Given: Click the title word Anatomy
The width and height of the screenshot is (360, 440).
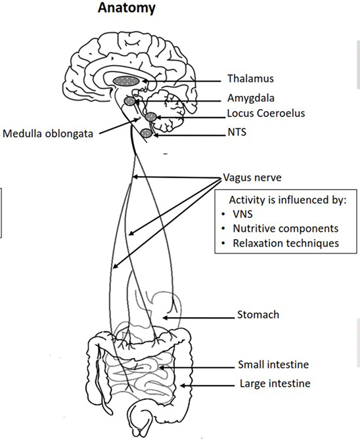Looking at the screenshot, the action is pos(126,9).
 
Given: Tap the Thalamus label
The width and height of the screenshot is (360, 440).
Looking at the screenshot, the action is pos(250,79).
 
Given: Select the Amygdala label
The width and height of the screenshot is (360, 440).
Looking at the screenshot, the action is pos(251,99).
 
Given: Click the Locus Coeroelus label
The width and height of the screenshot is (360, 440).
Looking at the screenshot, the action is pos(266,114).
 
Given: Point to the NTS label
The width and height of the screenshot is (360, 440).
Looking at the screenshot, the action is pos(237,132).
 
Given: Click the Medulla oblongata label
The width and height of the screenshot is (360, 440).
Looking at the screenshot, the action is pos(48,133).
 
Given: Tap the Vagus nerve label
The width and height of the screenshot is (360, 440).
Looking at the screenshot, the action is pos(252,177).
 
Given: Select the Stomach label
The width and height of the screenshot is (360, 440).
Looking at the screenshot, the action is pos(258,315).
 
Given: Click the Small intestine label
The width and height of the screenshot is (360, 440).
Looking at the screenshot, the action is pos(273,364).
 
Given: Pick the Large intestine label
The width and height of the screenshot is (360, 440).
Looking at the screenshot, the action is pos(275,384).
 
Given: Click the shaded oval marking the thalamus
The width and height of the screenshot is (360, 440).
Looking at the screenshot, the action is pos(126,81).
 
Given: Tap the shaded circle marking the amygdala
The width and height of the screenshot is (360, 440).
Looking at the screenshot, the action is pos(130,101).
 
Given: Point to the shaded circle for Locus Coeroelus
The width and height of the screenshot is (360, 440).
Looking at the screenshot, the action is pos(150,116).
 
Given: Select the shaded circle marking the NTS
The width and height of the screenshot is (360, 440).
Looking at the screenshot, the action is pos(146,133).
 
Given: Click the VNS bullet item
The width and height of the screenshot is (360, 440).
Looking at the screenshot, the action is pos(237,214).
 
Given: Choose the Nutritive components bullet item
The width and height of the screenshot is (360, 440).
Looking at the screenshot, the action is pos(280,229).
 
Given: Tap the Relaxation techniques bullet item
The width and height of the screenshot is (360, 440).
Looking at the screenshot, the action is pos(280,243).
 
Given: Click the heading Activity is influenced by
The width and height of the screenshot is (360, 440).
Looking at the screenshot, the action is pos(288,200).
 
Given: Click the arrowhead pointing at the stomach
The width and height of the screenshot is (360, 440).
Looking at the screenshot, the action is pos(166,318).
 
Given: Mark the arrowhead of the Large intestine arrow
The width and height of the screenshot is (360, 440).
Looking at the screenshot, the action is pos(183,385).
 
